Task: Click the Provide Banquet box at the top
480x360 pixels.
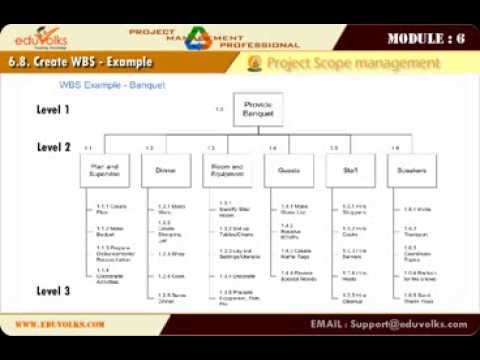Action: (x=253, y=110)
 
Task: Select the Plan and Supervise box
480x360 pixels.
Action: (x=105, y=171)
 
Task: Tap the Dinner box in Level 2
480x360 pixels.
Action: (x=166, y=171)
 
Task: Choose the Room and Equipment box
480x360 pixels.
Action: (x=227, y=171)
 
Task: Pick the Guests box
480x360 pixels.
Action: (x=288, y=171)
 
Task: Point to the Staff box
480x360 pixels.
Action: (x=350, y=171)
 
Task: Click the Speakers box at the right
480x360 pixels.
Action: (x=411, y=171)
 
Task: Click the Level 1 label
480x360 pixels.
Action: (x=54, y=109)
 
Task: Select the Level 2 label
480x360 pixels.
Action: (x=54, y=146)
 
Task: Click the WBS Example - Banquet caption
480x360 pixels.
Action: (x=112, y=86)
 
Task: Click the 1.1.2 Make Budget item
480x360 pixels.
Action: (x=105, y=231)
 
